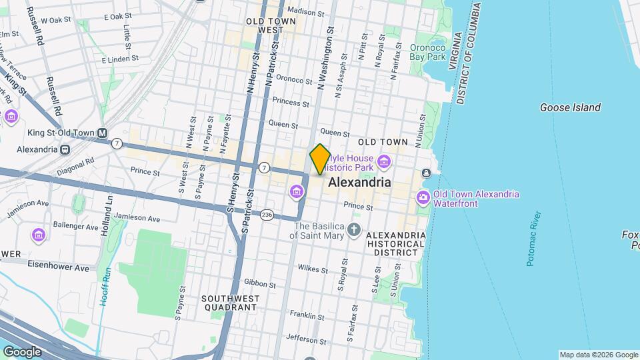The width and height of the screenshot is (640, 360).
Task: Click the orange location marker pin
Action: (x=320, y=159)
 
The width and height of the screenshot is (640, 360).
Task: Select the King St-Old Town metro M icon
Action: (x=103, y=133)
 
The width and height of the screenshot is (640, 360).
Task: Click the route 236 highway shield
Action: (x=267, y=215)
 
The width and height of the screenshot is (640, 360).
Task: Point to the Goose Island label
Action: (x=570, y=107)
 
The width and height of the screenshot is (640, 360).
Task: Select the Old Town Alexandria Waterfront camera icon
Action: (x=423, y=198)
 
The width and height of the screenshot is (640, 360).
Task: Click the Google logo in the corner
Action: (x=22, y=352)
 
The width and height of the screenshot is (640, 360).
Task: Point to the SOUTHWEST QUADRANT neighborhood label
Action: (x=229, y=303)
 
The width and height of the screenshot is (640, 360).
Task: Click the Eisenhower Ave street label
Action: (x=58, y=267)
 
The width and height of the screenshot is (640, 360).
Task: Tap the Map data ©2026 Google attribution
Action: (x=598, y=355)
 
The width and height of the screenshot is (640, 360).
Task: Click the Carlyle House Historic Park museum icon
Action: (x=383, y=161)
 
